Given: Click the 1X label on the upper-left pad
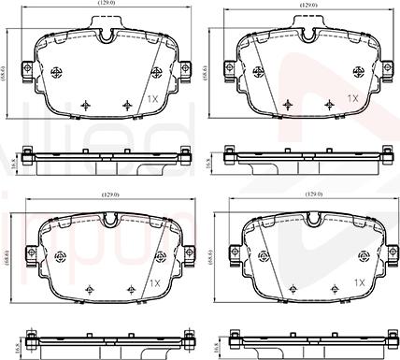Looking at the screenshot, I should coord(152,97).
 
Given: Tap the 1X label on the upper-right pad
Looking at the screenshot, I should coord(352,97).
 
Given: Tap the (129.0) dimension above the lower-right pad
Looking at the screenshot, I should coord(310,194).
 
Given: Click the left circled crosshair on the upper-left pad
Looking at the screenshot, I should coord(62,72).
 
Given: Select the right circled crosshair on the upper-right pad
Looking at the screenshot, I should coord(359,72).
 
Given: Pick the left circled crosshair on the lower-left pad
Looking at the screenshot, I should coord(62,255).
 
